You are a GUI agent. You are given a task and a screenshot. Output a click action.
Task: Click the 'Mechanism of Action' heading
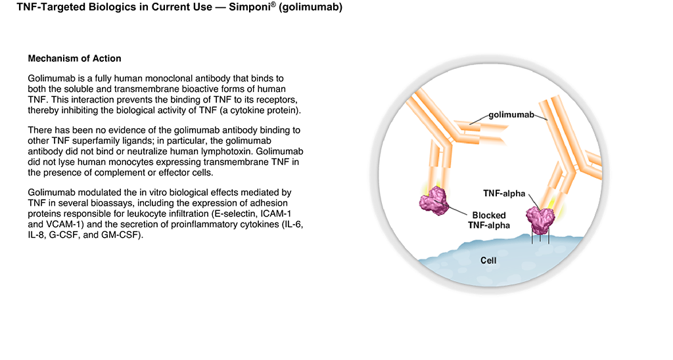point(75,58)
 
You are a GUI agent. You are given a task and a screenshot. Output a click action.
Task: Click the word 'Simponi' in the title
point(250,7)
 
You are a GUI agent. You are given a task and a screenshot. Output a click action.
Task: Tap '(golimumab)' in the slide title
point(310,7)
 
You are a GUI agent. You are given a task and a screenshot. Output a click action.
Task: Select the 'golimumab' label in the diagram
point(511,114)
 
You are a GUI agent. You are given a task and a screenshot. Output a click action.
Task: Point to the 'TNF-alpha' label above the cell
point(504,194)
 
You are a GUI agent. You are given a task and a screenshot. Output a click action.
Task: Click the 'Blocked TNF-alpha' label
point(489,221)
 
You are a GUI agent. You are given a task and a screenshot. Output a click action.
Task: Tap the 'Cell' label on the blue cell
point(488,260)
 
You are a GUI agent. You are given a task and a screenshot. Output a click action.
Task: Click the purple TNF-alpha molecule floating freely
point(434,201)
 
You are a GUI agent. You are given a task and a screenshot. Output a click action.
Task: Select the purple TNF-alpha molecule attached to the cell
point(541,220)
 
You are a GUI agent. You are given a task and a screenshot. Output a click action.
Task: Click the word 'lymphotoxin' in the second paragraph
point(231,152)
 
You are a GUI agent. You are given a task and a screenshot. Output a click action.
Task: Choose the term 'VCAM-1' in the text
point(63,225)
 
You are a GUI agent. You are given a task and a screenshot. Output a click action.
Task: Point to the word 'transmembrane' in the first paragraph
point(151,89)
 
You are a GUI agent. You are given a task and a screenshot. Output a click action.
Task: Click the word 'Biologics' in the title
point(108,7)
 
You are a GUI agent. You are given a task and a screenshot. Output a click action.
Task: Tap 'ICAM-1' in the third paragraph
point(276,214)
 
